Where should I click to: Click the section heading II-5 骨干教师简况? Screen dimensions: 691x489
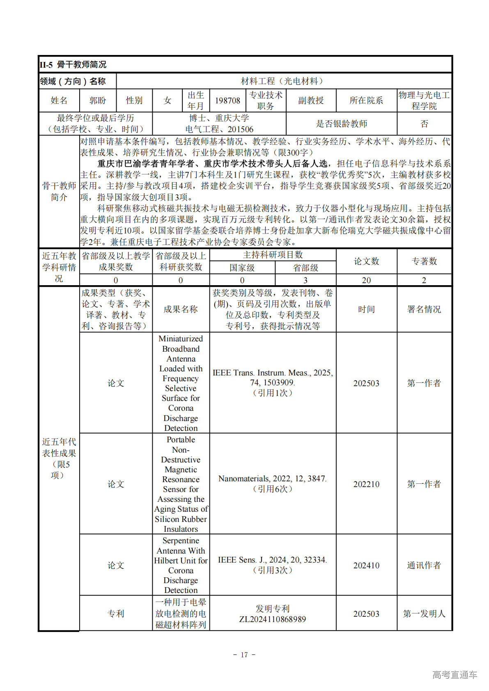click(x=73, y=65)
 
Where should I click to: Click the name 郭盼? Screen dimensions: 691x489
click(x=98, y=101)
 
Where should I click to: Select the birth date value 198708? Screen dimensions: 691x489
click(x=227, y=101)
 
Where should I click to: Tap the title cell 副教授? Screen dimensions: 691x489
click(x=311, y=101)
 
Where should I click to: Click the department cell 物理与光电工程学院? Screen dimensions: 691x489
click(x=424, y=101)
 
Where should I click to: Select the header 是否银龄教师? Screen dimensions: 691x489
click(x=341, y=124)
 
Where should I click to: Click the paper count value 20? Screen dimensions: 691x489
click(x=366, y=280)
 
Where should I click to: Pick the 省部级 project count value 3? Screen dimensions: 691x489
click(x=305, y=280)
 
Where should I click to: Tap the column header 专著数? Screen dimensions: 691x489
click(x=424, y=261)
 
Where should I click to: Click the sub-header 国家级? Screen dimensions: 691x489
click(x=242, y=268)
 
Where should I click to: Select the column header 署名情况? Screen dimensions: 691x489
click(x=424, y=309)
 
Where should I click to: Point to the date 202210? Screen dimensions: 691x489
click(x=366, y=484)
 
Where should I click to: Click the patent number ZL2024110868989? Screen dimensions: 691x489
click(x=273, y=619)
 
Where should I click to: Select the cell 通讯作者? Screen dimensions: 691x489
click(x=424, y=565)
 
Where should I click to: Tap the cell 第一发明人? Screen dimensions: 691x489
click(x=424, y=614)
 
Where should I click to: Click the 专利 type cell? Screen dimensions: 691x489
click(x=116, y=614)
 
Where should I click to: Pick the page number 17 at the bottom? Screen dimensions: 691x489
click(x=244, y=655)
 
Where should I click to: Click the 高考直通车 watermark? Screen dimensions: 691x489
click(x=455, y=675)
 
